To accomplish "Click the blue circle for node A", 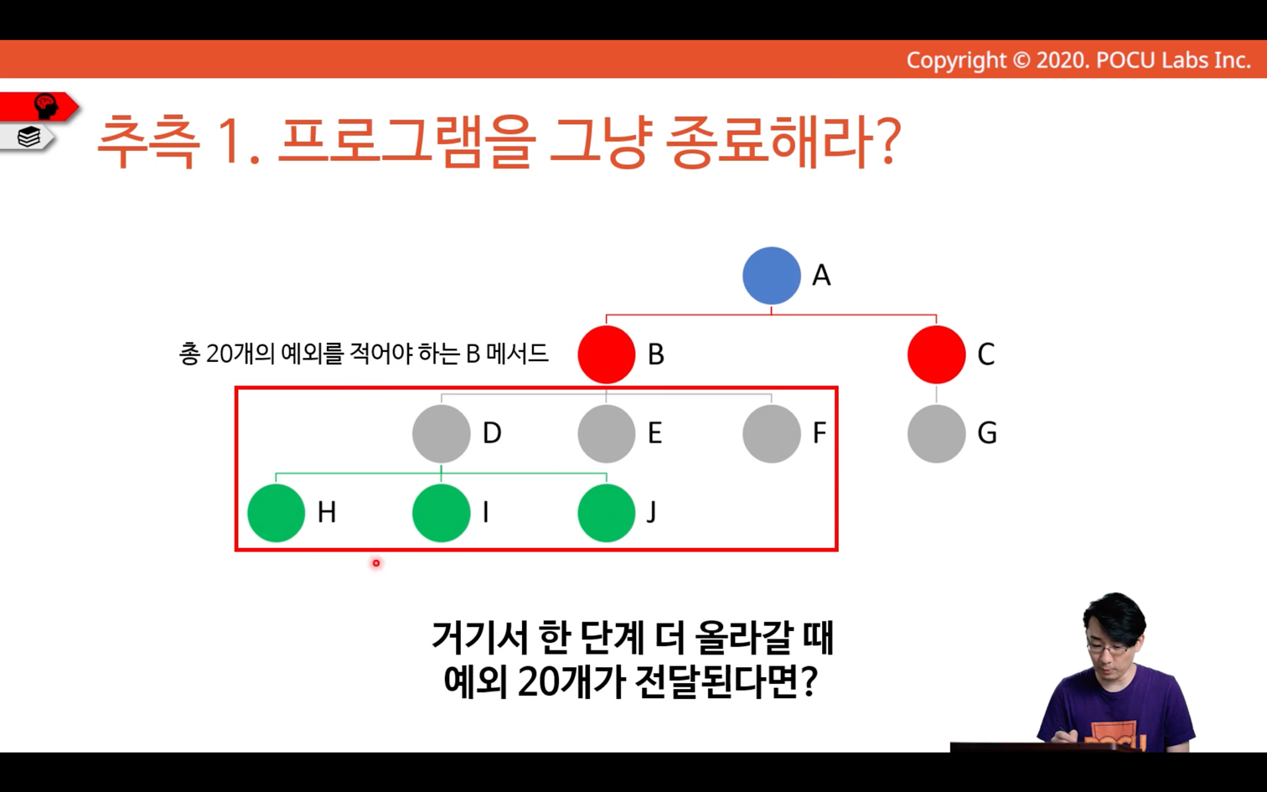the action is click(772, 276).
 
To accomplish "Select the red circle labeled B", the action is click(607, 355).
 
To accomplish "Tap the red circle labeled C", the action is click(936, 355).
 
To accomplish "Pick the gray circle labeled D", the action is click(441, 433).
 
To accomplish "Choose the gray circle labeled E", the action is click(607, 433).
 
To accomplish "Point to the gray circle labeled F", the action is click(772, 433).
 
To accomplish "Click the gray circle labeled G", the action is click(936, 433).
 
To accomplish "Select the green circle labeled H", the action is click(276, 513).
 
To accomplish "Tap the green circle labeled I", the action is click(441, 513).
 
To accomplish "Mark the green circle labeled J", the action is click(607, 513).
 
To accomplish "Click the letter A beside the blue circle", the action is click(821, 276).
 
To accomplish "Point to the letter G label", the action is click(987, 433).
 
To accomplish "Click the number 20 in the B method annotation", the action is click(219, 355).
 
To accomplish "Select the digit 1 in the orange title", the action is click(231, 142).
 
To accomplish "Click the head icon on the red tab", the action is click(46, 106).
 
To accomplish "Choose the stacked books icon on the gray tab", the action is click(28, 137).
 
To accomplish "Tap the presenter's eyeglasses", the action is click(1108, 649).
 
